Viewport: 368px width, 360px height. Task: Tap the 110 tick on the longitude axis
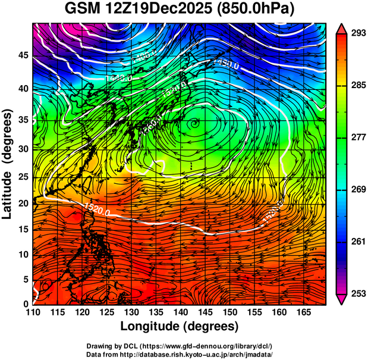click(33, 313)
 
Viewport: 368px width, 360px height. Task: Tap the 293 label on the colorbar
click(356, 33)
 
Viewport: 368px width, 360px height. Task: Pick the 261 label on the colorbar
click(356, 242)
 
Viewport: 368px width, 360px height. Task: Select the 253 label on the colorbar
click(356, 293)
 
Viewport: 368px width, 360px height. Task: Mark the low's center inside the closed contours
click(194, 123)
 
